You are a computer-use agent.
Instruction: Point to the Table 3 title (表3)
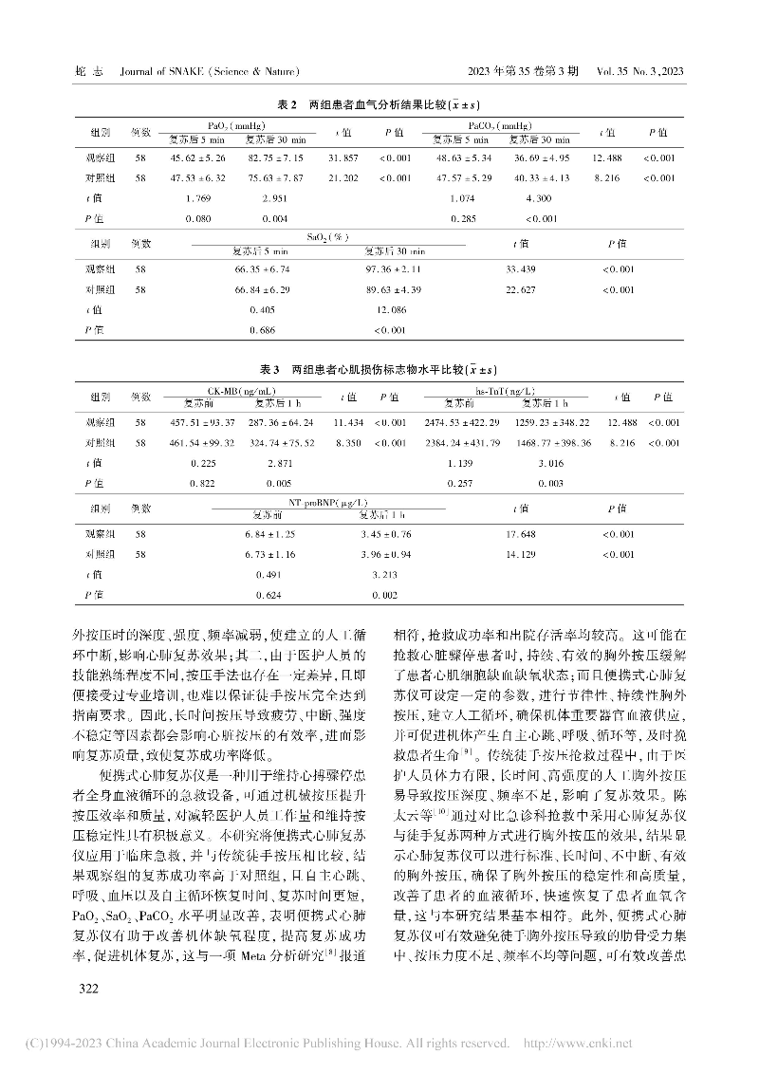coord(379,369)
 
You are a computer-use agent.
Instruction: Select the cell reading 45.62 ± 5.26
coord(197,157)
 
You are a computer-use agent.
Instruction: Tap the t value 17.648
coord(522,534)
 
